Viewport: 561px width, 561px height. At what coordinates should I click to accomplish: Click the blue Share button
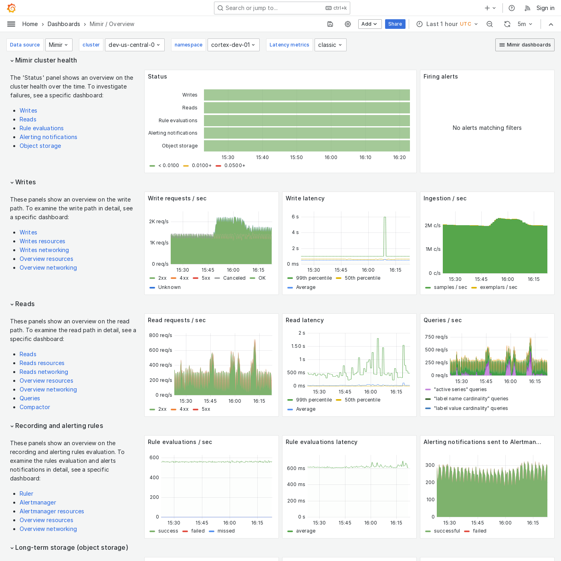(395, 24)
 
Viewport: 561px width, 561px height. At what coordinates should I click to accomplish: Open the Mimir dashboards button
(525, 45)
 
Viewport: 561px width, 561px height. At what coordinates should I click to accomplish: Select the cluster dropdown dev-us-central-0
(134, 45)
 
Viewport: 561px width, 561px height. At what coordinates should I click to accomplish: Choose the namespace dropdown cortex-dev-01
(233, 45)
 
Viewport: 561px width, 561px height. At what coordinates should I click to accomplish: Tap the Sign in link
(545, 8)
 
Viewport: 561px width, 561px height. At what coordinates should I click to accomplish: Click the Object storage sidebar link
(40, 146)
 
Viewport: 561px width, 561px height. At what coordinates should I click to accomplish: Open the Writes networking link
(44, 250)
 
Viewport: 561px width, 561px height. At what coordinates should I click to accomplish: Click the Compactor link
(35, 407)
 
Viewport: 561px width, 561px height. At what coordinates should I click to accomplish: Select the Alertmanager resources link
(52, 511)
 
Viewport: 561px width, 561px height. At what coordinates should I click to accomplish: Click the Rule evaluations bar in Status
(307, 121)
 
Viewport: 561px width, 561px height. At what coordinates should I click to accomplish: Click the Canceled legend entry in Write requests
(234, 278)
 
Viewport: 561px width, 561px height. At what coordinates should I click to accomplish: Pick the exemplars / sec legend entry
(498, 287)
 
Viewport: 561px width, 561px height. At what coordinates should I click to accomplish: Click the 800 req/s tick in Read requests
(160, 335)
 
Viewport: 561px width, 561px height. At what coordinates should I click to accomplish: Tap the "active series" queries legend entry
(460, 389)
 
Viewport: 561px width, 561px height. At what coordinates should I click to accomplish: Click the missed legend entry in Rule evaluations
(226, 531)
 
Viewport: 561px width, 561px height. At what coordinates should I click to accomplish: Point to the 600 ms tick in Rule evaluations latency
(296, 468)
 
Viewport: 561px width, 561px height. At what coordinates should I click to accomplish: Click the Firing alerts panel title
(440, 77)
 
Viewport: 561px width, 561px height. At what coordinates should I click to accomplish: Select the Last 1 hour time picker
(447, 24)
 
